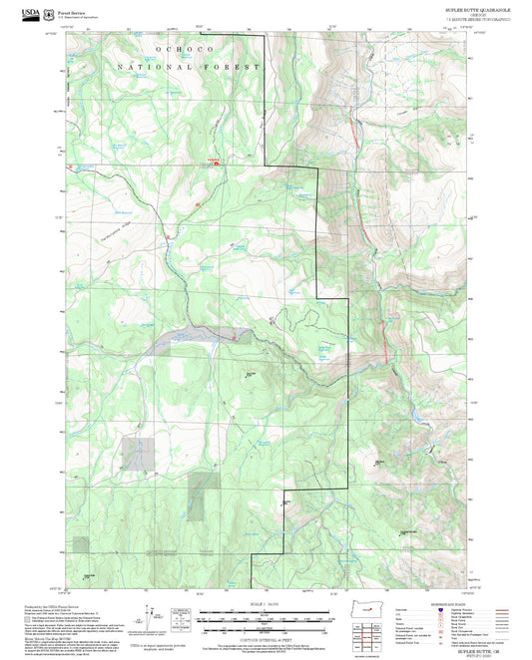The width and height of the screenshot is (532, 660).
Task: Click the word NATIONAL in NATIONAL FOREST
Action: (x=150, y=67)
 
